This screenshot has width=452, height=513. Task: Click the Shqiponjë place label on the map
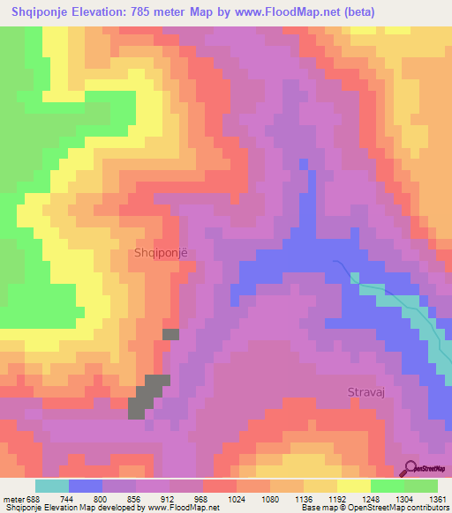coord(160,252)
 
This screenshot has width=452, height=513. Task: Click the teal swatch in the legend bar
coord(51,486)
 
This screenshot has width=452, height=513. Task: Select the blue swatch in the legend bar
coord(85,486)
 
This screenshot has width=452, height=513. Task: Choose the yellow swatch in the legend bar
coord(353,486)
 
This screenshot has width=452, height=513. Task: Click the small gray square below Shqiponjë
coord(170,334)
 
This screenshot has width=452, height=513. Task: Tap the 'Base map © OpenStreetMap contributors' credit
coord(374,508)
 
